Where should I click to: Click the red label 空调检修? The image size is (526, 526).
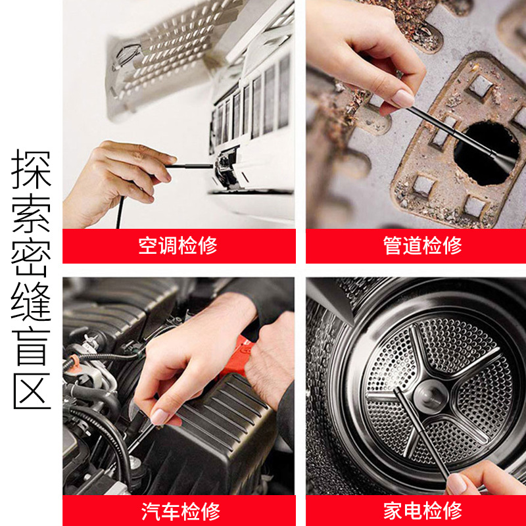[x=178, y=246]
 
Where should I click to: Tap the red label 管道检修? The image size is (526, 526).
[x=422, y=246]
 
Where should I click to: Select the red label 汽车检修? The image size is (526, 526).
[x=180, y=511]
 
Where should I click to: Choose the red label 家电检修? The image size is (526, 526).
[x=422, y=511]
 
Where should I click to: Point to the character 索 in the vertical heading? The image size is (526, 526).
[x=32, y=218]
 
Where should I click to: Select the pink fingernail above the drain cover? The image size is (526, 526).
[x=402, y=99]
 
